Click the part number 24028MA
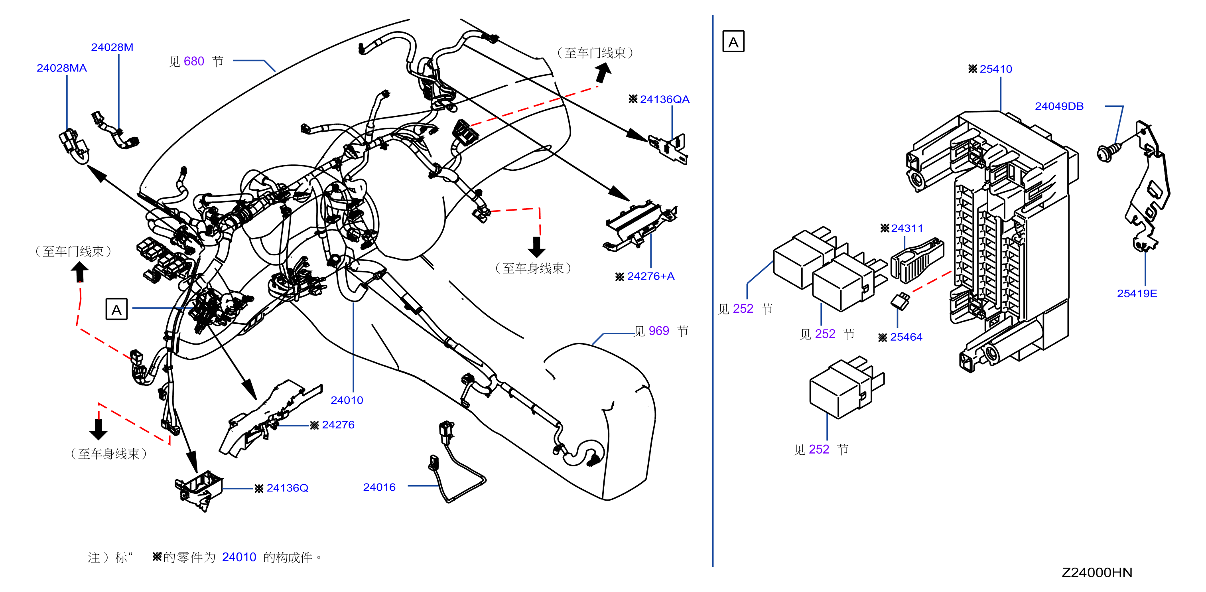coord(62,68)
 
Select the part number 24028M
coord(112,47)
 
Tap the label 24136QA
coord(664,99)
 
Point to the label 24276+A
coord(651,276)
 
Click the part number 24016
coord(379,487)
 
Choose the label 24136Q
coord(288,488)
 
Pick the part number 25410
coord(996,69)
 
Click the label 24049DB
coord(1059,107)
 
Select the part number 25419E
coord(1137,294)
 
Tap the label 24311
coord(907,229)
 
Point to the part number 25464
coord(906,337)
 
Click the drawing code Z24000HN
coord(1097,572)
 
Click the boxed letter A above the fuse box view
coord(733,41)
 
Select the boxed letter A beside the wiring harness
coord(116,309)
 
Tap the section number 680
coord(194,61)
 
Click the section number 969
coord(659,331)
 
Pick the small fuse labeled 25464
coord(900,301)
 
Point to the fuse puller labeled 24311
coord(917,260)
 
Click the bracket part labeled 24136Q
coord(199,492)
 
